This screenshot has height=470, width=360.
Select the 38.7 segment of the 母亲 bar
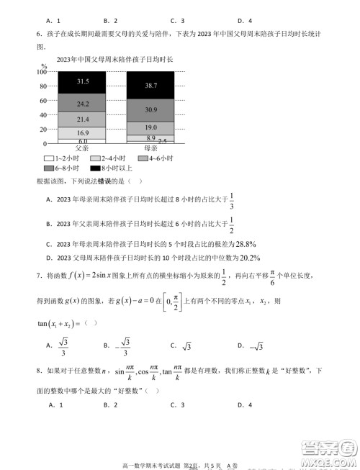pyautogui.click(x=150, y=85)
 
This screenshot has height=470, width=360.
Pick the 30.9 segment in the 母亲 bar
pyautogui.click(x=150, y=109)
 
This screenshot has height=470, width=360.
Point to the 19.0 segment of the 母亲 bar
pyautogui.click(x=150, y=127)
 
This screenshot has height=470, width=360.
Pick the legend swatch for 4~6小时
pyautogui.click(x=144, y=158)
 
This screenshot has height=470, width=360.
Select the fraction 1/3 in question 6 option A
pyautogui.click(x=232, y=202)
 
